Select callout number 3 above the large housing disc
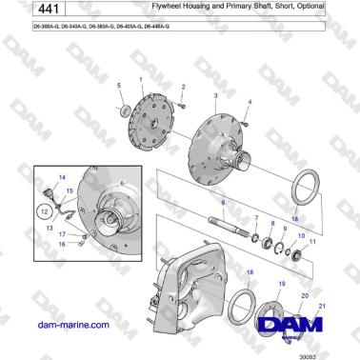pos(216,97)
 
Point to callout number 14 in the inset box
pos(62,178)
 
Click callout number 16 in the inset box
pos(62,244)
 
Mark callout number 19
pos(280,285)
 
